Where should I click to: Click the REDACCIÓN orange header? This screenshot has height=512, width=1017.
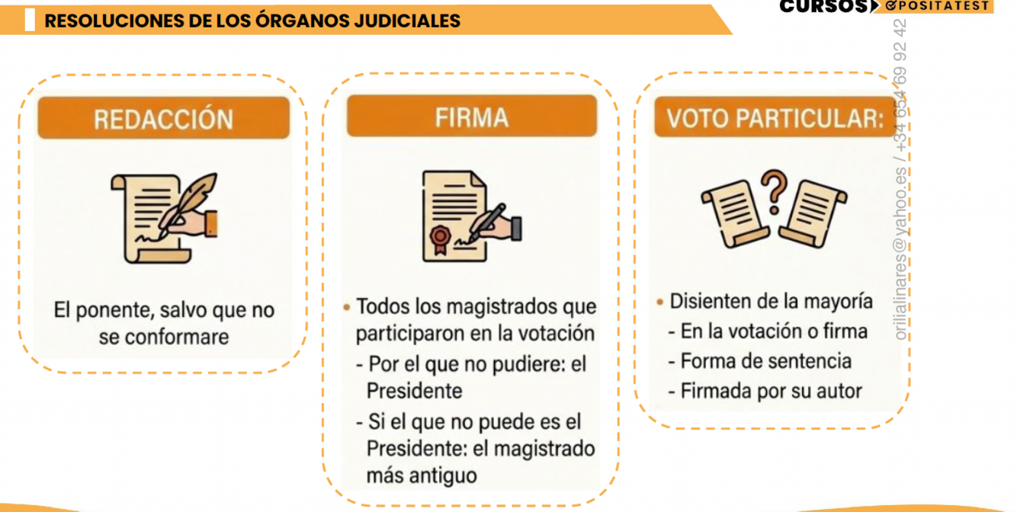(x=163, y=119)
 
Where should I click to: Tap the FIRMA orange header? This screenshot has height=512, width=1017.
(x=471, y=117)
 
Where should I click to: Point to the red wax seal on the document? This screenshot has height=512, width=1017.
(x=440, y=236)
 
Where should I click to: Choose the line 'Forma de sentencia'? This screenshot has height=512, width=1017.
(x=765, y=361)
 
